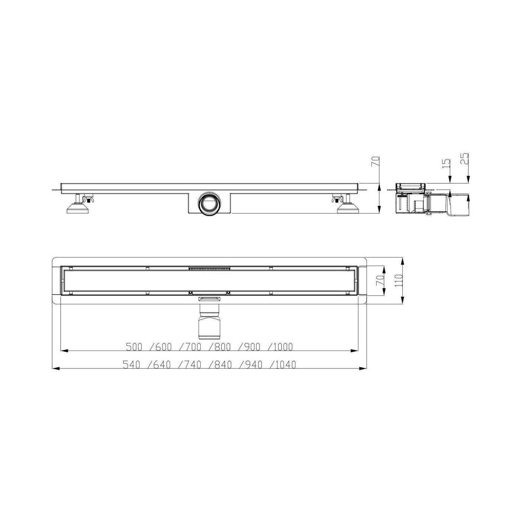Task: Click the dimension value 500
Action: tap(134, 347)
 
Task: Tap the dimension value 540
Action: tap(131, 365)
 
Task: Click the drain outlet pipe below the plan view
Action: tap(210, 322)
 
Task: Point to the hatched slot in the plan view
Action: tap(210, 268)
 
